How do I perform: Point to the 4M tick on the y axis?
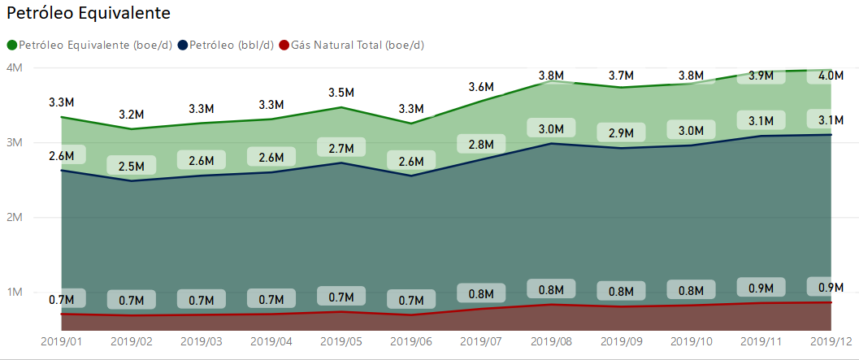point(14,68)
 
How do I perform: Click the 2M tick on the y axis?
point(14,218)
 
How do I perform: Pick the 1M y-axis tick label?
point(14,293)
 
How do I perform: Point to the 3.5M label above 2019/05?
point(341,91)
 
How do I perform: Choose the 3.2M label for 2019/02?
point(132,114)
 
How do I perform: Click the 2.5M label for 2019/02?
point(132,167)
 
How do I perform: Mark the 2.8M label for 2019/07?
point(481,144)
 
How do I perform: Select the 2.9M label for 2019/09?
point(621,132)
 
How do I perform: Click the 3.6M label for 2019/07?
point(481,87)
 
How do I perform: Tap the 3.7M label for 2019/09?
point(621,76)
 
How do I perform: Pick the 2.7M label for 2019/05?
point(341,148)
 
